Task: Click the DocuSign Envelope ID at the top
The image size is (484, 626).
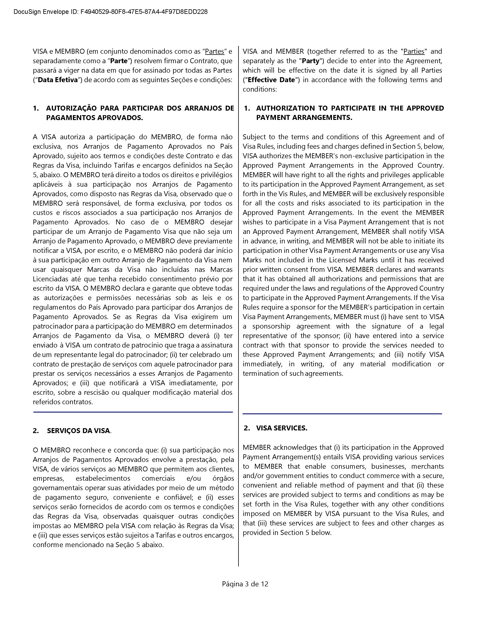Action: [110, 12]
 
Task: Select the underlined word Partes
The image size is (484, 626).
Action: [214, 52]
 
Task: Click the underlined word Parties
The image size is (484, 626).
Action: [414, 52]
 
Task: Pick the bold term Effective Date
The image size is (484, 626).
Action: [271, 80]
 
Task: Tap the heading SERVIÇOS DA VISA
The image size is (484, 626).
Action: [78, 431]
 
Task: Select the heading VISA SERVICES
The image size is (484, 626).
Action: [281, 428]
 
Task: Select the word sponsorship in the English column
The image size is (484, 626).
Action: [271, 326]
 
